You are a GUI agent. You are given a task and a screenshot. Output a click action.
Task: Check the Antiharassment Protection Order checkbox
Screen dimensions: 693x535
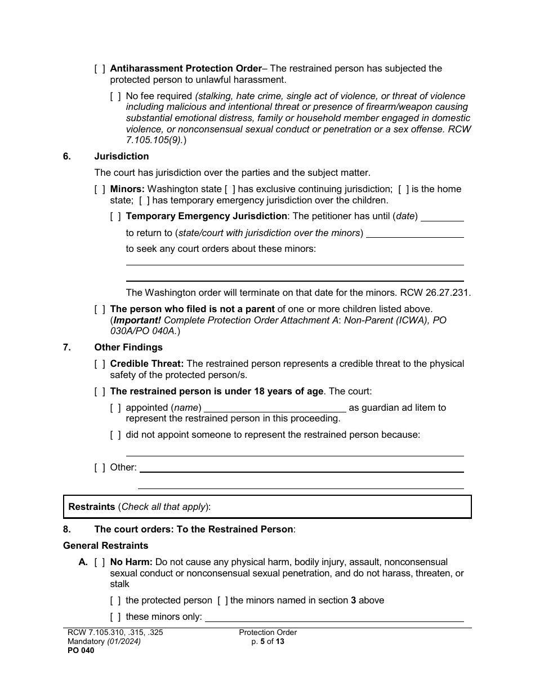pos(100,69)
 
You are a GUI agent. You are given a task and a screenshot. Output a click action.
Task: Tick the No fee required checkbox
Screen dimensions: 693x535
pos(115,96)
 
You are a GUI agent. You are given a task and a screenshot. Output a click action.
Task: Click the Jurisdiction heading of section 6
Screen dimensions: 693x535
pos(122,157)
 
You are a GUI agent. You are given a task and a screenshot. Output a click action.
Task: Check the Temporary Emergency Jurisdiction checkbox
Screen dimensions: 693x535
pos(115,216)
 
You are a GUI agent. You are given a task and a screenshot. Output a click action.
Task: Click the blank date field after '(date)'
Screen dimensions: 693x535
pos(442,216)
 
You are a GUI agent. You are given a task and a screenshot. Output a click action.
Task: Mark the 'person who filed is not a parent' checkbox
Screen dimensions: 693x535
pos(100,309)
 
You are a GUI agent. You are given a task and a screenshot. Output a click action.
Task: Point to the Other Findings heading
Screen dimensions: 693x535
pos(128,348)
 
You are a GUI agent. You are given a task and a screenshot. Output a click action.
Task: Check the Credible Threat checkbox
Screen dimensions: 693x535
pos(100,364)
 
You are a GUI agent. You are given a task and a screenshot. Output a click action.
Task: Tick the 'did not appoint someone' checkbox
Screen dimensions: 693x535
pos(115,435)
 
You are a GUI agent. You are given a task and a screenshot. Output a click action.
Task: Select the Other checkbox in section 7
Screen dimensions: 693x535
pos(100,468)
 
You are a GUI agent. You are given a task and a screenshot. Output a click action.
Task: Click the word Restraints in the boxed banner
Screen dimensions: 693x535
pos(92,507)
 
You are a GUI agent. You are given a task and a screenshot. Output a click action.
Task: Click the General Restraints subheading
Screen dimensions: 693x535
pos(106,546)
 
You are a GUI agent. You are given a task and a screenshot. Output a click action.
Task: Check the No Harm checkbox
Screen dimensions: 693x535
pos(100,562)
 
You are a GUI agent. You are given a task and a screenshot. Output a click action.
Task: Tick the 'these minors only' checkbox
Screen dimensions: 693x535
pos(115,617)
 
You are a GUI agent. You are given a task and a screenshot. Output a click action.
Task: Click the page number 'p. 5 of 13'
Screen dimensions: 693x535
pos(268,641)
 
